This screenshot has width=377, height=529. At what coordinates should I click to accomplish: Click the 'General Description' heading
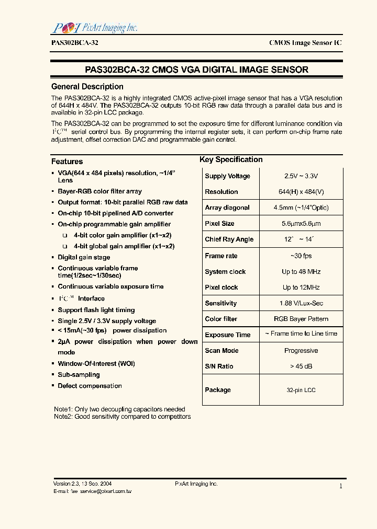pyautogui.click(x=87, y=87)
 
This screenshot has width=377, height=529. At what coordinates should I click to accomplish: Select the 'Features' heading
pyautogui.click(x=67, y=162)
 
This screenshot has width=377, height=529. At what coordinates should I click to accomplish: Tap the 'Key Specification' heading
pyautogui.click(x=231, y=159)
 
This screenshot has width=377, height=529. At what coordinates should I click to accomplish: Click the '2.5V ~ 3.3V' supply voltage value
pyautogui.click(x=301, y=176)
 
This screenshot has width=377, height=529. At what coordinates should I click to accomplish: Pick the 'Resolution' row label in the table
pyautogui.click(x=221, y=192)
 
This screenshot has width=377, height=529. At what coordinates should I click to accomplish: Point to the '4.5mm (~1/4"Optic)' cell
pyautogui.click(x=301, y=208)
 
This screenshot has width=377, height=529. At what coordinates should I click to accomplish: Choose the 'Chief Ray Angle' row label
pyautogui.click(x=229, y=239)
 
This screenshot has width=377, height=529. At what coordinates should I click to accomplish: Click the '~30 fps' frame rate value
pyautogui.click(x=301, y=256)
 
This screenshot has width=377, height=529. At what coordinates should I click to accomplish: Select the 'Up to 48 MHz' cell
pyautogui.click(x=301, y=272)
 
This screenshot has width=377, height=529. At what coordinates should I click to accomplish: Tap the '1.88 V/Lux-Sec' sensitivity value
pyautogui.click(x=301, y=303)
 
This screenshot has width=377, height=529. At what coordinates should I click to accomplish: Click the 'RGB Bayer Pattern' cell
pyautogui.click(x=301, y=319)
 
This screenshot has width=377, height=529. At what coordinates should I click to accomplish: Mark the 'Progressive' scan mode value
pyautogui.click(x=301, y=351)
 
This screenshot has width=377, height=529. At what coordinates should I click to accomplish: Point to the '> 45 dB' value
pyautogui.click(x=301, y=366)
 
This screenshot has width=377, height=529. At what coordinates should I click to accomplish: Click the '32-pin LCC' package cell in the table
pyautogui.click(x=301, y=390)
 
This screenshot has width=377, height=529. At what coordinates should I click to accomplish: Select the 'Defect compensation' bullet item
pyautogui.click(x=90, y=386)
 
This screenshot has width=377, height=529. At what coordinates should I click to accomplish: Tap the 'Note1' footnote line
pyautogui.click(x=119, y=409)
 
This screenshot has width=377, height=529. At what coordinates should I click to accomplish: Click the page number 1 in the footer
pyautogui.click(x=341, y=486)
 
